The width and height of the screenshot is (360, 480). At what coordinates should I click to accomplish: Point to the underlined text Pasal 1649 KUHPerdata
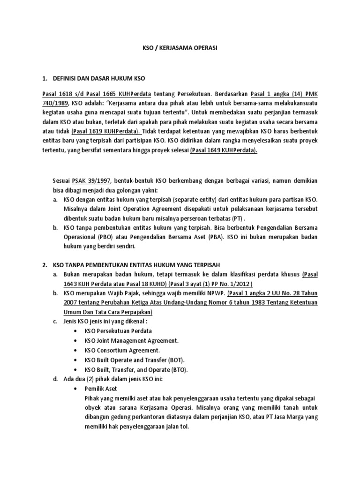[224, 150]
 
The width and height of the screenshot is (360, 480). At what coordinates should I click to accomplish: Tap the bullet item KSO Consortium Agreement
[122, 350]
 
